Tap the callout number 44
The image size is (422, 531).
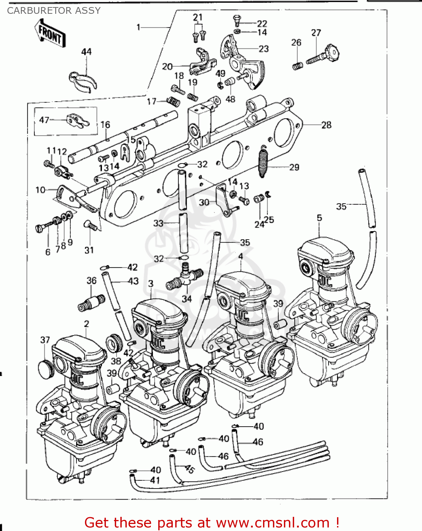86,52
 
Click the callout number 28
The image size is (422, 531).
326,125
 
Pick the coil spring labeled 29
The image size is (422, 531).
263,161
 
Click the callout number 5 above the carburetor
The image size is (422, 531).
319,218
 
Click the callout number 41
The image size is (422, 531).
155,480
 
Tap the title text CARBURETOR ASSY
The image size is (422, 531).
54,11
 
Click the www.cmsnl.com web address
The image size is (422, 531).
273,523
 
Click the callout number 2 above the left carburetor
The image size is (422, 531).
86,324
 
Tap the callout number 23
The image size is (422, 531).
264,49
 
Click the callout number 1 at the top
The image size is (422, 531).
139,27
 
